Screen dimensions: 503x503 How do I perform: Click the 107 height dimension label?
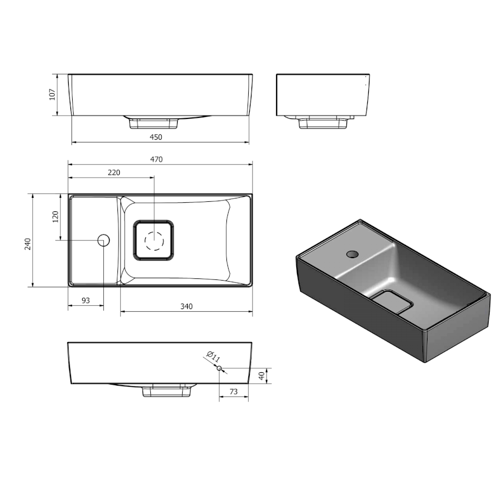coord(53,94)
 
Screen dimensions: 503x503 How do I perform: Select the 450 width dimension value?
coord(156,137)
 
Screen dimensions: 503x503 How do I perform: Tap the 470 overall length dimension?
coord(156,159)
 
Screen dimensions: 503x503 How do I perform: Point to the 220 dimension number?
coord(114,173)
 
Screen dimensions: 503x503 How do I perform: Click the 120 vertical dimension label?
coord(55,217)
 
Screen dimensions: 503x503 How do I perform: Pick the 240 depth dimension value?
coord(29,244)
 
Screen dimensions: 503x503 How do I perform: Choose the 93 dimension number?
coord(86,301)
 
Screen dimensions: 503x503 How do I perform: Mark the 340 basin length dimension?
coord(186,306)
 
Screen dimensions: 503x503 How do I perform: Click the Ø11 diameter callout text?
coord(213,357)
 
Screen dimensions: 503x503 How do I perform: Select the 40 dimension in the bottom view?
coord(262,376)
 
